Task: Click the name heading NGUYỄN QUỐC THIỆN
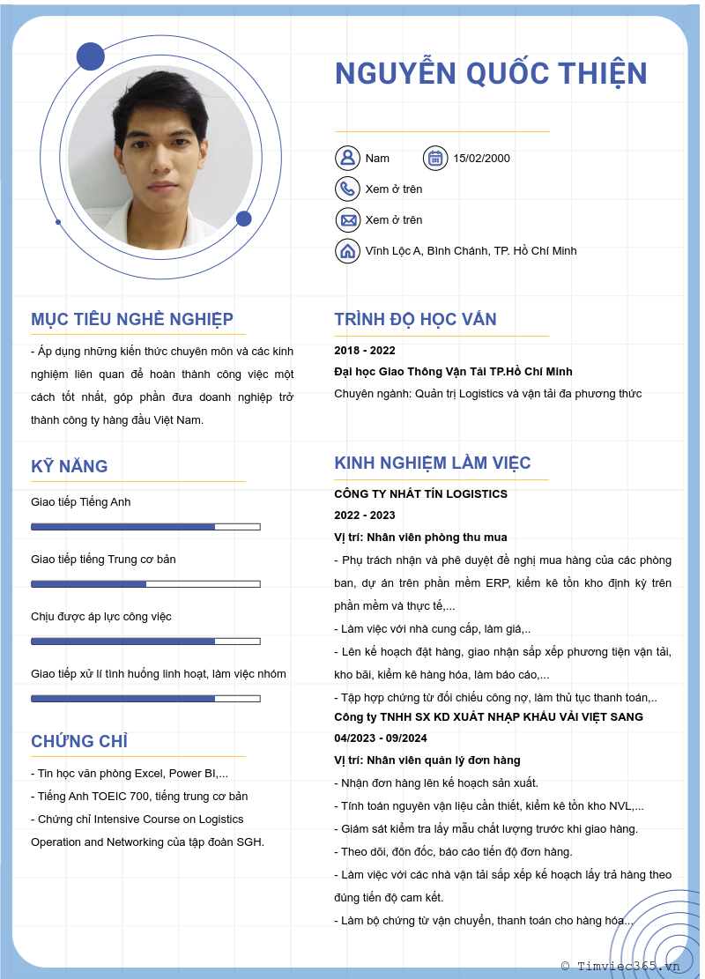(491, 74)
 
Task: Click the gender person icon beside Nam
(347, 158)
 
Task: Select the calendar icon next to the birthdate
(435, 158)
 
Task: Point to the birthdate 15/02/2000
(481, 159)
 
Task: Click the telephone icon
(347, 189)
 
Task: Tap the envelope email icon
(347, 219)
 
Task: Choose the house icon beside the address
(347, 250)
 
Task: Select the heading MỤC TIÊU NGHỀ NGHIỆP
(132, 319)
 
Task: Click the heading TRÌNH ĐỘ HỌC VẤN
(415, 319)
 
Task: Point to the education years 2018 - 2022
(365, 351)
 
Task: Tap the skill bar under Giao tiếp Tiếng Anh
(145, 527)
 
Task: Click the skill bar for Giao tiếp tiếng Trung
(145, 584)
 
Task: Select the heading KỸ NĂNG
(70, 466)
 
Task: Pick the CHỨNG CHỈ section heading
(79, 741)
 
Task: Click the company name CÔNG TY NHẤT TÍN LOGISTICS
(420, 494)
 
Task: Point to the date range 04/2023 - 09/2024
(380, 738)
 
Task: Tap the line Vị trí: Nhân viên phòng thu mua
(420, 538)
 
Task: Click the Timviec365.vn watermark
(621, 966)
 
